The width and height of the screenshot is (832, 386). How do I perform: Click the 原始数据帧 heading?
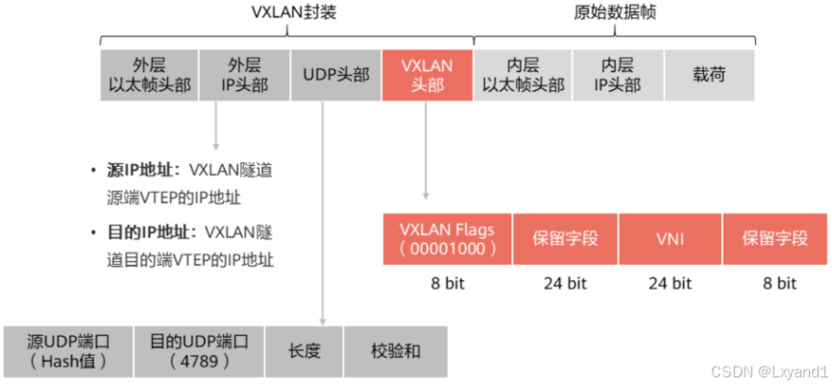(615, 12)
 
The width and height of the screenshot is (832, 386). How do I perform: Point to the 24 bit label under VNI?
(670, 283)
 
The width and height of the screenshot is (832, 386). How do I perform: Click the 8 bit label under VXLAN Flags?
(448, 283)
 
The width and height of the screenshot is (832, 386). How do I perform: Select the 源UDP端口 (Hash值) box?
(65, 350)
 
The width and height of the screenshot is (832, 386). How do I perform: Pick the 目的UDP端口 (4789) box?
(199, 350)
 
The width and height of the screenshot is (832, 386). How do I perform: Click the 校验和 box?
(395, 350)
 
